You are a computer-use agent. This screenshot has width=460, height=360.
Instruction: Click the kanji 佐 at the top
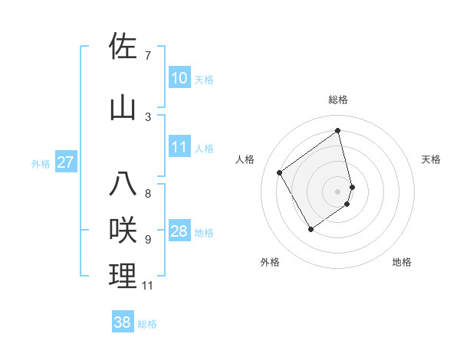point(123,46)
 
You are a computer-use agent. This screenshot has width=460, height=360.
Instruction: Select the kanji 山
point(123,107)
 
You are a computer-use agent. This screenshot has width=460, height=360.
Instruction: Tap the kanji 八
point(123,184)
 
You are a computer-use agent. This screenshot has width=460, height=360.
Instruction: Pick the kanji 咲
point(123,230)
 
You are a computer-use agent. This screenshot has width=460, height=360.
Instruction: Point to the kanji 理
point(123,276)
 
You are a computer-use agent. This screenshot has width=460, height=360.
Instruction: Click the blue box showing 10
point(179,78)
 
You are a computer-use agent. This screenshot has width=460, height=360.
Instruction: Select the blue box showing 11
point(179,147)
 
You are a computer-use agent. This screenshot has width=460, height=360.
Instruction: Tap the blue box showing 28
point(179,231)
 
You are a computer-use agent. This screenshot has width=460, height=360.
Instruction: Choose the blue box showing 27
point(65,162)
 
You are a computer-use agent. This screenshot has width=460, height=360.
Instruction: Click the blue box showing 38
point(123,322)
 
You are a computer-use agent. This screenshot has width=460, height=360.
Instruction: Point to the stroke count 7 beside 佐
point(148,55)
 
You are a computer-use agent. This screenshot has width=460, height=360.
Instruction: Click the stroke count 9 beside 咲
point(148,239)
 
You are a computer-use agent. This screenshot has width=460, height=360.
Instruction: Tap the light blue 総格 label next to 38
point(147,324)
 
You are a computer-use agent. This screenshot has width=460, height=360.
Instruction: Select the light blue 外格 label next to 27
point(41,163)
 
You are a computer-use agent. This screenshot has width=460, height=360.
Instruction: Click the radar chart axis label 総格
point(338,100)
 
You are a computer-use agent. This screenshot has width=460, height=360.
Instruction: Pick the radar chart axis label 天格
point(432,159)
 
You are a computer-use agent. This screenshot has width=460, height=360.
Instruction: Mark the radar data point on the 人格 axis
point(280,173)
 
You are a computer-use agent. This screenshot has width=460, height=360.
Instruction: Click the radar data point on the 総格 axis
point(338,131)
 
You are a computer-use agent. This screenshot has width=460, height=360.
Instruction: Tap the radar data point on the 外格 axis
point(310,229)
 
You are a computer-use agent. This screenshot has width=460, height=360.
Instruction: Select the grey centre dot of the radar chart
point(338,191)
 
